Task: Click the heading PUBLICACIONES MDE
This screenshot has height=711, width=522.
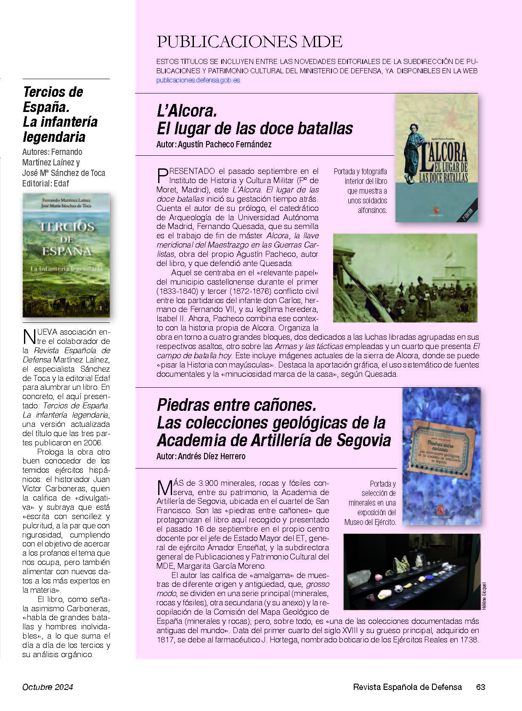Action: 249,42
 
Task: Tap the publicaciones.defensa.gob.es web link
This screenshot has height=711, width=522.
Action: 198,80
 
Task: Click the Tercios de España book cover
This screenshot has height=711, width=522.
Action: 66,255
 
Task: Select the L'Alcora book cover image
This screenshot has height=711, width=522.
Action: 436,158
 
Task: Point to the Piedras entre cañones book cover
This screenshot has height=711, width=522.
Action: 441,456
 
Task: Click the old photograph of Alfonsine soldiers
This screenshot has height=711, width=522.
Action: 405,278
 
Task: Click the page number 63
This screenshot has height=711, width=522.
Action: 480,687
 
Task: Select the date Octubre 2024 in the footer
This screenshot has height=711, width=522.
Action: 48,687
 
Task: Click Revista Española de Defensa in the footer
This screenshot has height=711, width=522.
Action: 407,687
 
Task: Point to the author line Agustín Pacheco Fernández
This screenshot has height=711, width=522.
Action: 214,144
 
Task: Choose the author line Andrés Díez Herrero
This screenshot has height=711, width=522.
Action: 201,456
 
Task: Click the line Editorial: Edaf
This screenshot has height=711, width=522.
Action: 45,184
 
